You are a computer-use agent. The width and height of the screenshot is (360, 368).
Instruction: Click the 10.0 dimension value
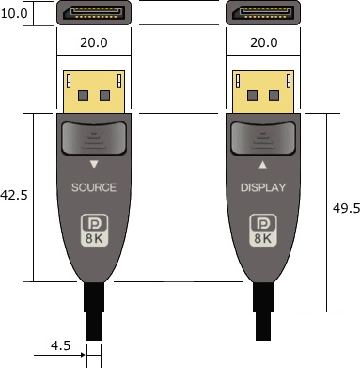point(14,15)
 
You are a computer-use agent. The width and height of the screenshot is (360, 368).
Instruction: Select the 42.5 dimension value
point(14,196)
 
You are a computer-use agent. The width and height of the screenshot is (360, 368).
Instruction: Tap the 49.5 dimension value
point(346,209)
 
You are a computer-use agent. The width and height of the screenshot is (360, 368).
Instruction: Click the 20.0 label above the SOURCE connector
point(93,43)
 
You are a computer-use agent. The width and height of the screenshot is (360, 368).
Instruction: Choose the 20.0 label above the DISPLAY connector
point(264,43)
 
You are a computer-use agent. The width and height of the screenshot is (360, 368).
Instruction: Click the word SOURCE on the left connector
point(94,187)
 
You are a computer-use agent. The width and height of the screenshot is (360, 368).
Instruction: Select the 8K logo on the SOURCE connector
point(94,231)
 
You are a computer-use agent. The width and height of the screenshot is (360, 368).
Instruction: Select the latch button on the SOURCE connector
point(94,138)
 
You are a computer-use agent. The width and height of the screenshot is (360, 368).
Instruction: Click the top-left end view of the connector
point(94,14)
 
